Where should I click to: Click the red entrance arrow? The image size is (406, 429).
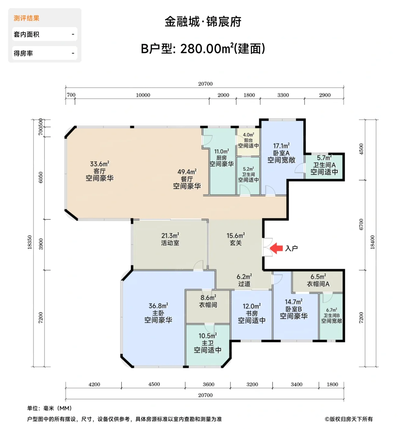[276, 248]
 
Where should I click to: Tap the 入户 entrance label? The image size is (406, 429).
[291, 248]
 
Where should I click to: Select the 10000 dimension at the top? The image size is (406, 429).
[143, 95]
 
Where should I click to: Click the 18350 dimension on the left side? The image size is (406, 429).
[30, 242]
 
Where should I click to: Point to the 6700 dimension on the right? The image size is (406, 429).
[361, 224]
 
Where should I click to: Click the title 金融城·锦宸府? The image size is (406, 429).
[203, 22]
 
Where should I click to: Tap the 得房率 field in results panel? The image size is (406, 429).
[45, 53]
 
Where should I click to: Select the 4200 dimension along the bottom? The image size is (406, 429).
[94, 384]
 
